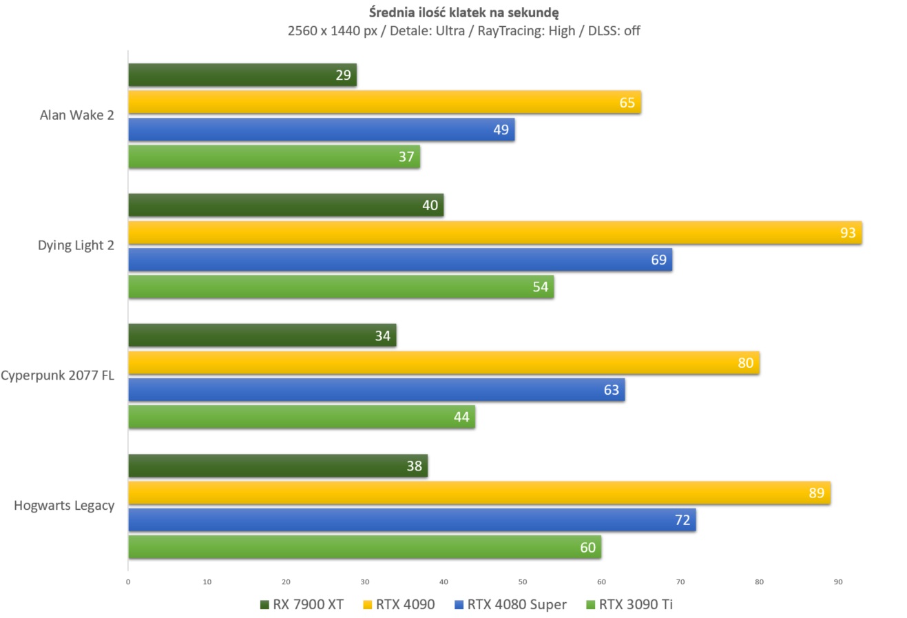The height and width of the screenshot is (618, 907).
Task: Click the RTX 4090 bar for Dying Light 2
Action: click(494, 232)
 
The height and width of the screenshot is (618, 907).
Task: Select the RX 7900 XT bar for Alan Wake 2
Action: click(242, 75)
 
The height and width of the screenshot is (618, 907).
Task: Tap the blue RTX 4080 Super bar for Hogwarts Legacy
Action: click(413, 519)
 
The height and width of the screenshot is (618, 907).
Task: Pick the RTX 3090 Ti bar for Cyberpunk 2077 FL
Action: click(302, 417)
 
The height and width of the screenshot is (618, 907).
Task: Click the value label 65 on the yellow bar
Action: click(627, 103)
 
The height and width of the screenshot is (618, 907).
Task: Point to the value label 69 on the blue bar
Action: click(658, 260)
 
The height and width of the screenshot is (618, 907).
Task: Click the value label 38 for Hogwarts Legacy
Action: click(414, 466)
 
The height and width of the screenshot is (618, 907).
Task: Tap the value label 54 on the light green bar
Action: click(540, 287)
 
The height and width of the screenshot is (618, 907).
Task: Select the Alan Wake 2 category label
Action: click(77, 116)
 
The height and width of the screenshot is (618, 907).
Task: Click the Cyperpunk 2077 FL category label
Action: click(57, 375)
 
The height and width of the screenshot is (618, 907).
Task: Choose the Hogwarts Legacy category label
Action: click(64, 506)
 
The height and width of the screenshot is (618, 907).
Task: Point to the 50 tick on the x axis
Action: click(522, 582)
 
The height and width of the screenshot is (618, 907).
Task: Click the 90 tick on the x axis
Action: click(837, 582)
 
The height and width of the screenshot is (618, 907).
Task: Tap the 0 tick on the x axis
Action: click(128, 582)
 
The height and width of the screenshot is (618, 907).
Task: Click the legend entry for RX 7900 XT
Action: click(302, 604)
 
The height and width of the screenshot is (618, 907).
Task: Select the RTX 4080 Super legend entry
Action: click(510, 604)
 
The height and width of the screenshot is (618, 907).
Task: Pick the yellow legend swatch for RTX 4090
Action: click(367, 605)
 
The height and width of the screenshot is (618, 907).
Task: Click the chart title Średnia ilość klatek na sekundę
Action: click(463, 12)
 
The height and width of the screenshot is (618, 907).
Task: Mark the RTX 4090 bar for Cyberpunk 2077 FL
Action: click(444, 362)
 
